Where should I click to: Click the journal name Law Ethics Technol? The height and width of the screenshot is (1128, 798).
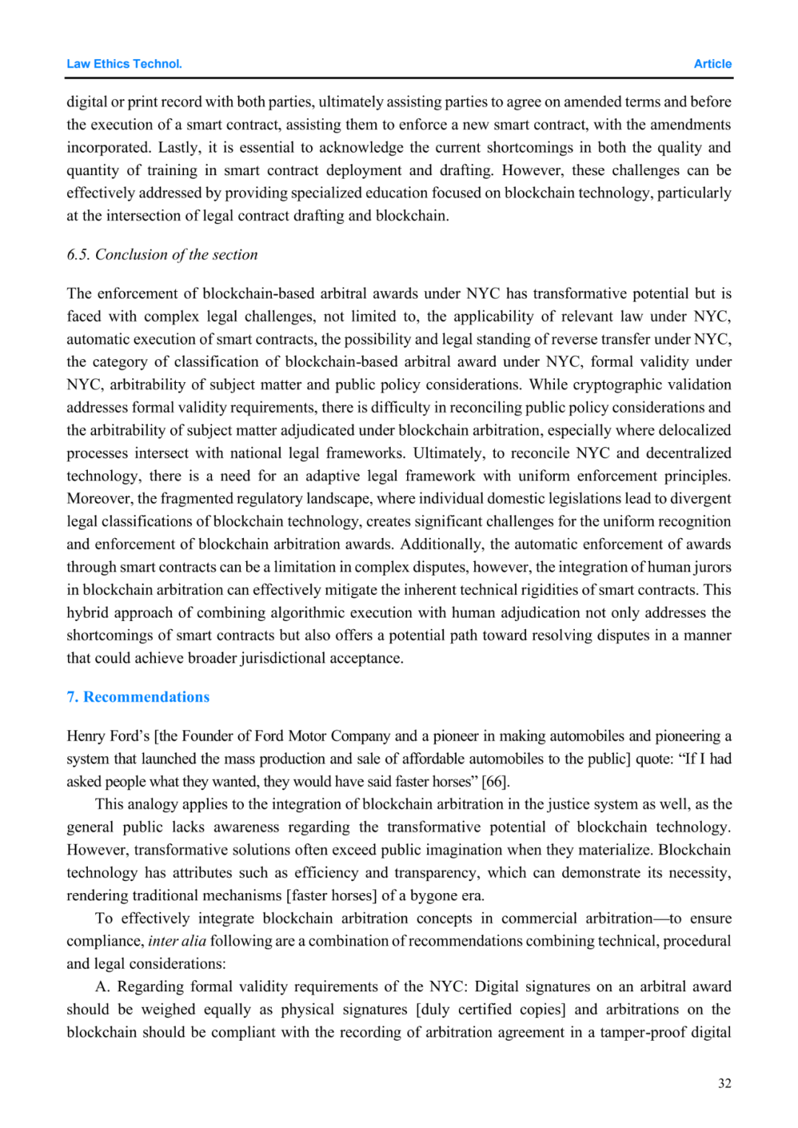coord(124,64)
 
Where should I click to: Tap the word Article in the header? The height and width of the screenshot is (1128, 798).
coord(712,64)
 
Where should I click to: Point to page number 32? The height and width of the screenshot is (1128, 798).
coord(724,1084)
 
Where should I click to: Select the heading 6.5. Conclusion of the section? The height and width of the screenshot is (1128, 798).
coord(162,255)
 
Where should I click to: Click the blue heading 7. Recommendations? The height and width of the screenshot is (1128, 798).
coord(138,697)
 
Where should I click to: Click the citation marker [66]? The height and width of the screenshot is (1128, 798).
coord(495,782)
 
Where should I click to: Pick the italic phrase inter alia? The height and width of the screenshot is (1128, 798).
coord(177,941)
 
